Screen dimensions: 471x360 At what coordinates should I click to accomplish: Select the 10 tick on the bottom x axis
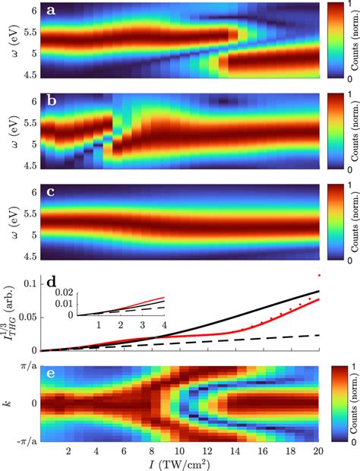(178, 448)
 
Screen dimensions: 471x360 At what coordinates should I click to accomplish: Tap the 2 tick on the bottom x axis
(68, 448)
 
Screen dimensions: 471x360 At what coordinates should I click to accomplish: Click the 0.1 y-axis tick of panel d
(27, 283)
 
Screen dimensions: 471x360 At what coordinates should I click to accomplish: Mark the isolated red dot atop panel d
(319, 276)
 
